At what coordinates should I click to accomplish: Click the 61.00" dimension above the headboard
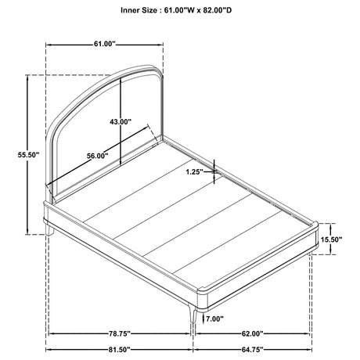pyautogui.click(x=105, y=44)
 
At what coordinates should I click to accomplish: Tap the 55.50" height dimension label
pyautogui.click(x=28, y=155)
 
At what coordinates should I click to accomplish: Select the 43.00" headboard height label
pyautogui.click(x=121, y=121)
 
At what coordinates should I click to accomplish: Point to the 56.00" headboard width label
pyautogui.click(x=98, y=156)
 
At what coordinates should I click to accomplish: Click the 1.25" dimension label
pyautogui.click(x=194, y=172)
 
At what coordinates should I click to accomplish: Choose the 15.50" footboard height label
pyautogui.click(x=331, y=239)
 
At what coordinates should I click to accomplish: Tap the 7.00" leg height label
pyautogui.click(x=215, y=319)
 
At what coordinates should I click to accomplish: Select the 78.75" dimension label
pyautogui.click(x=120, y=333)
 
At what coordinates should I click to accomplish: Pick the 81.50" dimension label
pyautogui.click(x=119, y=350)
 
